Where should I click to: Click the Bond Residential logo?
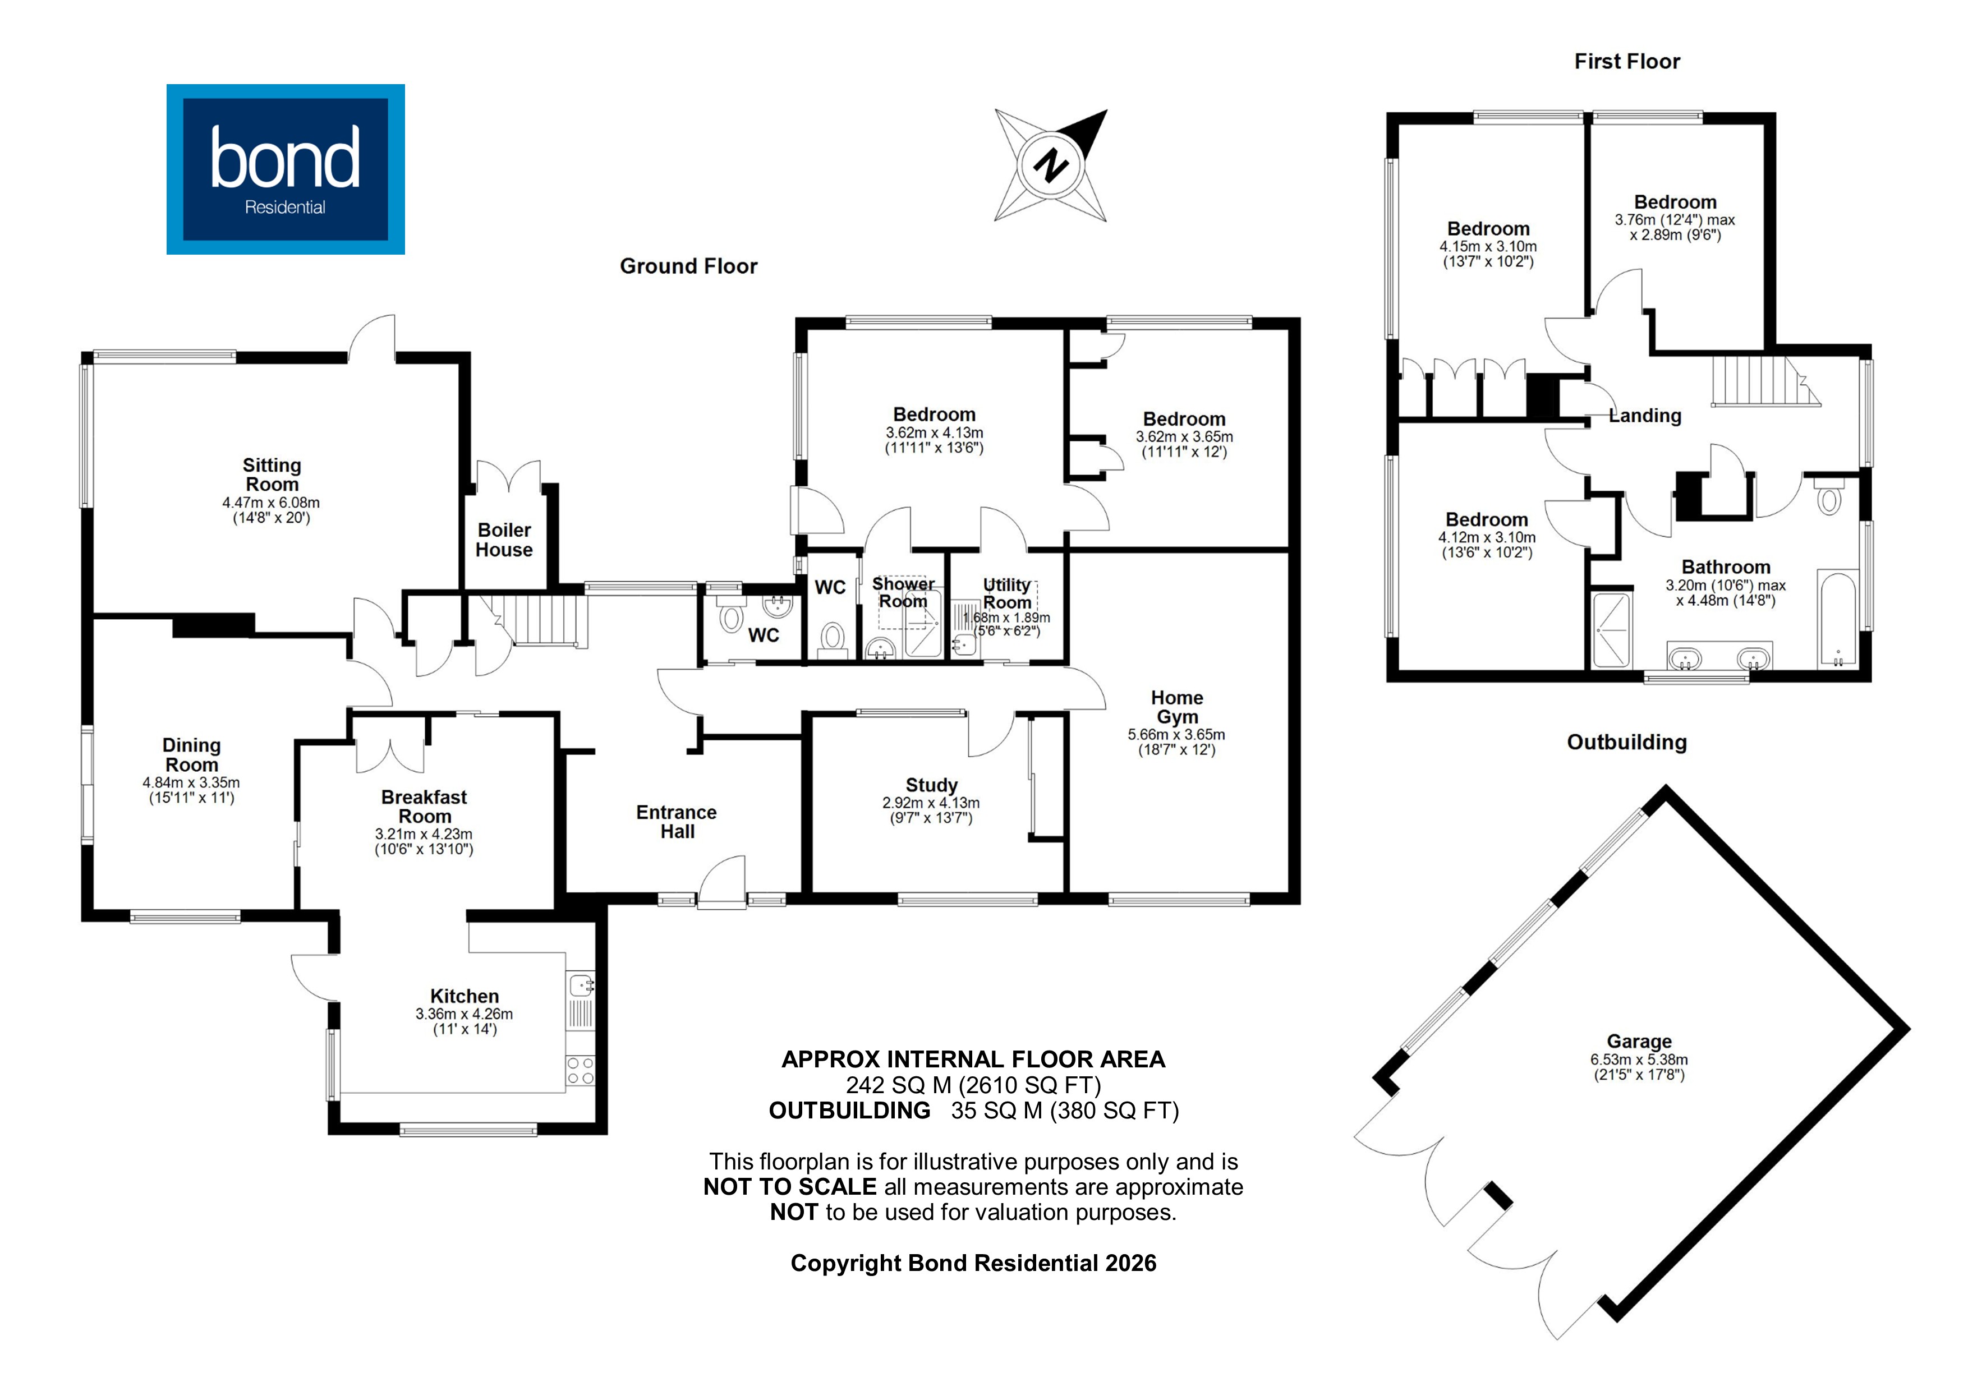286,169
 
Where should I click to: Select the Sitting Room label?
272,475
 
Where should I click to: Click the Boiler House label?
504,540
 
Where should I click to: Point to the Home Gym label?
1177,707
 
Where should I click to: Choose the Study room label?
932,785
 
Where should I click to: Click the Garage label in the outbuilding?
1639,1042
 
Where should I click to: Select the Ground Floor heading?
688,266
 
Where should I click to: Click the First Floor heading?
1627,62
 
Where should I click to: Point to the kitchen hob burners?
580,1071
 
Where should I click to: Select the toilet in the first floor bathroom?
1829,499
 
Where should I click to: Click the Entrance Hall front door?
721,883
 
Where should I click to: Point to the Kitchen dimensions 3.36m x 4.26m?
465,1014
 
